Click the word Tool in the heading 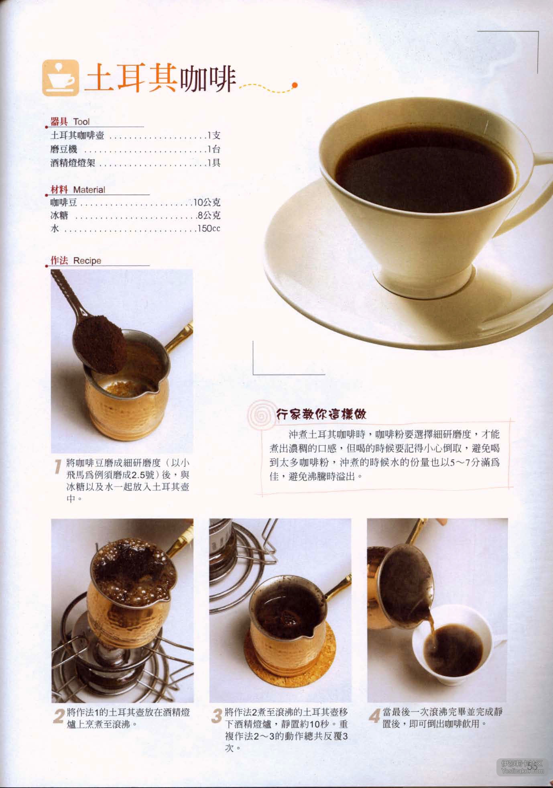(x=81, y=122)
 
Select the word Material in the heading (x=89, y=189)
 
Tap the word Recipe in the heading (x=87, y=261)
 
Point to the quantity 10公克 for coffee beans (x=207, y=202)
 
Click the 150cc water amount (x=209, y=229)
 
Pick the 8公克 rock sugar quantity (x=209, y=216)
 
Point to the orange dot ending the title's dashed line (x=295, y=85)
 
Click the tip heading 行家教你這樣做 (x=321, y=414)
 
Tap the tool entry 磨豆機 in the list (x=64, y=149)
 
